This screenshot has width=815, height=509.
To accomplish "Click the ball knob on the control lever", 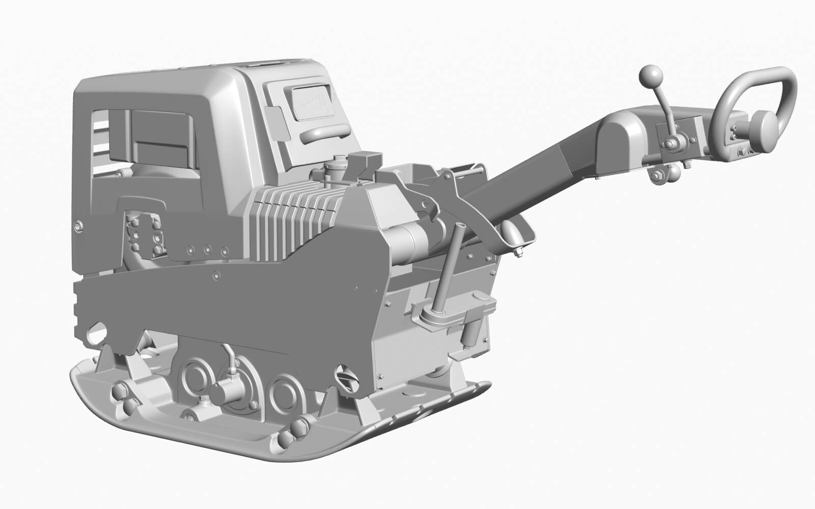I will click(650, 77).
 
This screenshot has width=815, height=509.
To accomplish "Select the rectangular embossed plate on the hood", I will click(311, 101).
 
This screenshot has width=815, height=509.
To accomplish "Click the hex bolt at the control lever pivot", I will click(668, 146).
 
